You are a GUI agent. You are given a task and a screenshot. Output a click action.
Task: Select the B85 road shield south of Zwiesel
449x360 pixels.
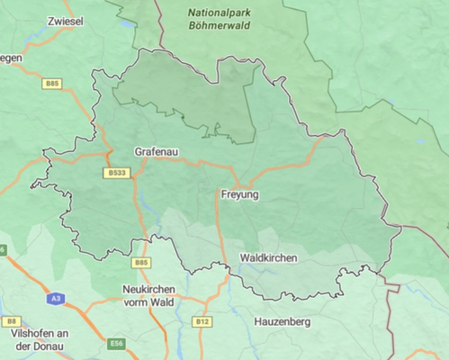(52, 84)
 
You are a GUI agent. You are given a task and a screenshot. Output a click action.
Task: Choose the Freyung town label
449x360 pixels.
(238, 194)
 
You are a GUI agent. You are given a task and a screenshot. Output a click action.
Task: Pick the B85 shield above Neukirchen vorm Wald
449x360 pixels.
(140, 262)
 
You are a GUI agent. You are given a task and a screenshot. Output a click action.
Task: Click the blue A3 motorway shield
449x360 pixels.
(56, 296)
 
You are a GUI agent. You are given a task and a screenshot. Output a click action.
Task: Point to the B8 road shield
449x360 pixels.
(11, 320)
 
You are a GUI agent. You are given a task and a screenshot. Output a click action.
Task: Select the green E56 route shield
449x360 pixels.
(115, 343)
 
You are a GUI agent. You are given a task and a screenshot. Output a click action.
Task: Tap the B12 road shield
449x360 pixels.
(202, 320)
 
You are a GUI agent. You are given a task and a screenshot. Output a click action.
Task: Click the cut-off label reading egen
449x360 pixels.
(11, 57)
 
